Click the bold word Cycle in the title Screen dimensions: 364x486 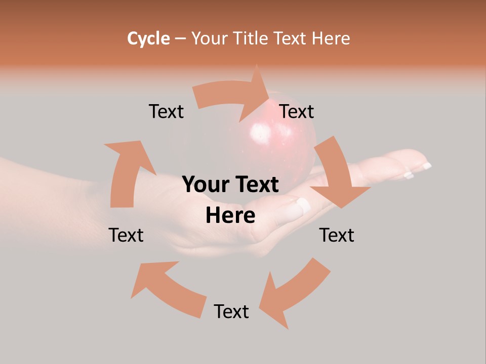click(148, 38)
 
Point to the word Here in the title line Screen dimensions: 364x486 click(331, 38)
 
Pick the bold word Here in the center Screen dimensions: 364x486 click(230, 216)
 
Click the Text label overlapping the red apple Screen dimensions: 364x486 click(297, 111)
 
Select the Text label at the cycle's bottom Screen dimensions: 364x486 click(231, 311)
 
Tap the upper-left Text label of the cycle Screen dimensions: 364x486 click(166, 111)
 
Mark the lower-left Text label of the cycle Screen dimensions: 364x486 click(126, 235)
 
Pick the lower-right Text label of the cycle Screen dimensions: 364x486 click(337, 235)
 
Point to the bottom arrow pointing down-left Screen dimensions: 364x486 click(294, 293)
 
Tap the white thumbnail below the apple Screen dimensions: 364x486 click(303, 205)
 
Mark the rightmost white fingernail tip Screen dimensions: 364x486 click(427, 165)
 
